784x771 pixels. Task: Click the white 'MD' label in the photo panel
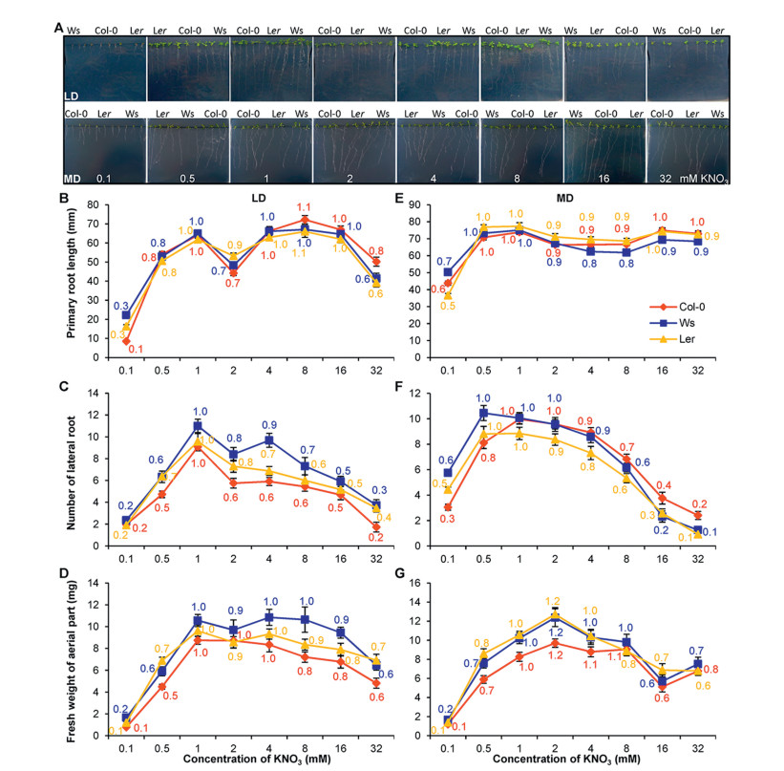pos(74,177)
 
